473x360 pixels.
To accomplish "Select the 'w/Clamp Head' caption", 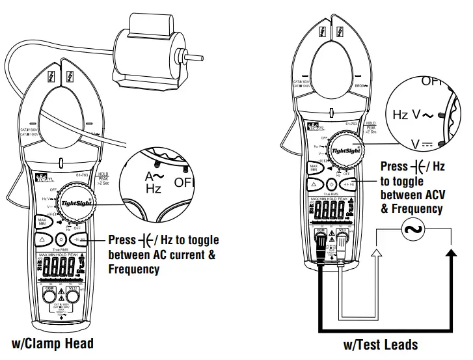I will coord(53,343).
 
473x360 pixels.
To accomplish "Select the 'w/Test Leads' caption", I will coord(380,344).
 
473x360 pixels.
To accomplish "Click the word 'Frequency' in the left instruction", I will coord(133,269).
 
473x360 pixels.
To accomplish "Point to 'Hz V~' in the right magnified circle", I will coord(412,115).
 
